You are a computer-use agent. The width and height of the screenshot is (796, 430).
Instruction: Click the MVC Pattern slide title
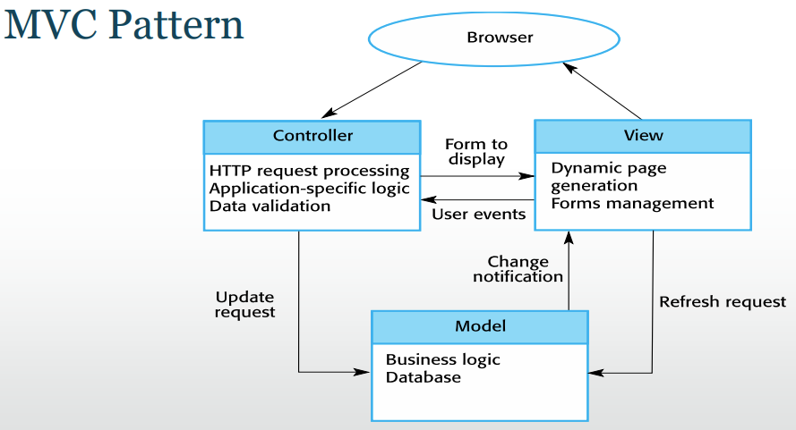point(124,25)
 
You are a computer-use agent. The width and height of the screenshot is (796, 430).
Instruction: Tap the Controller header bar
point(312,137)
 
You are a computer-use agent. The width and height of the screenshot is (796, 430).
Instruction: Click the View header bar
point(643,137)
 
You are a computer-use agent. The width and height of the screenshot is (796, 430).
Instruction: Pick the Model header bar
point(480,327)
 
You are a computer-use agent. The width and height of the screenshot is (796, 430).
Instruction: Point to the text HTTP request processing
point(309,172)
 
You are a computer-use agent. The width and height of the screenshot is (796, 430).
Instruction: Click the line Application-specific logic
point(309,189)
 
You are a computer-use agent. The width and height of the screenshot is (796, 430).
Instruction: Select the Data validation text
point(270,206)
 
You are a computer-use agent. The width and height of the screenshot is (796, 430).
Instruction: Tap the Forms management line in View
point(632,203)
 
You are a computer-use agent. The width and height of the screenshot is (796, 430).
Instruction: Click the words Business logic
point(442,360)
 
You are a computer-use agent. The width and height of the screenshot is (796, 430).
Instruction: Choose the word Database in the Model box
point(424,377)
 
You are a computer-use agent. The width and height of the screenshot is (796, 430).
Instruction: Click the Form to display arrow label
point(476,152)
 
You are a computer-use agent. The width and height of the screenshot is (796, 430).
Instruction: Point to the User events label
point(479,214)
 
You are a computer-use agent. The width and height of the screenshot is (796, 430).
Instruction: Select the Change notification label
point(518,269)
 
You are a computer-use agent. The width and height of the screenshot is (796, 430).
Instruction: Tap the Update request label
point(244,304)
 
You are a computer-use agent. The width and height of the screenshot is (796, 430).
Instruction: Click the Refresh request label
point(723,302)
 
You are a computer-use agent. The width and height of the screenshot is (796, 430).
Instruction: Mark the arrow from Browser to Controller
point(372,89)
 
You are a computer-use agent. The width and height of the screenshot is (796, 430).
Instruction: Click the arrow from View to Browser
point(602,91)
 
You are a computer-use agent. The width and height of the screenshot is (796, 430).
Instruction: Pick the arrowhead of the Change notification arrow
point(569,237)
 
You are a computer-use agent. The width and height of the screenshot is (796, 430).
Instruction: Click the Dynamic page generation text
point(609,177)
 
